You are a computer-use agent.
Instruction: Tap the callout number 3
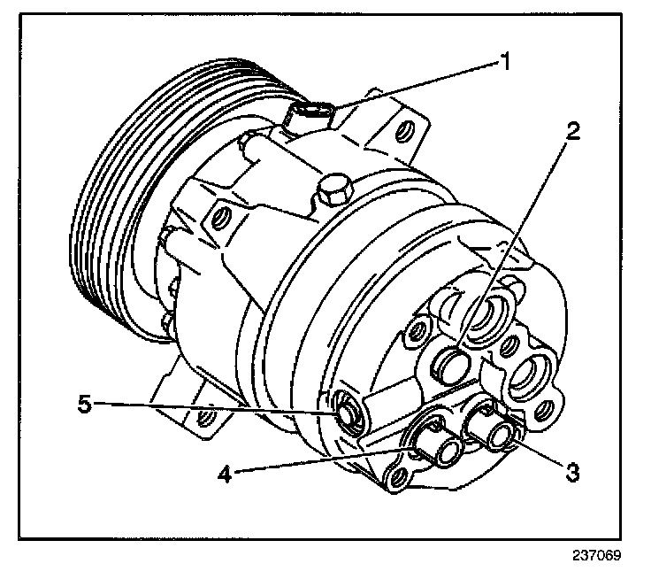(x=573, y=472)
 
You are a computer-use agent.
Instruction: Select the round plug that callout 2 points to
(x=454, y=361)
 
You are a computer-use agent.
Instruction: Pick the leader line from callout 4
(x=318, y=463)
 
